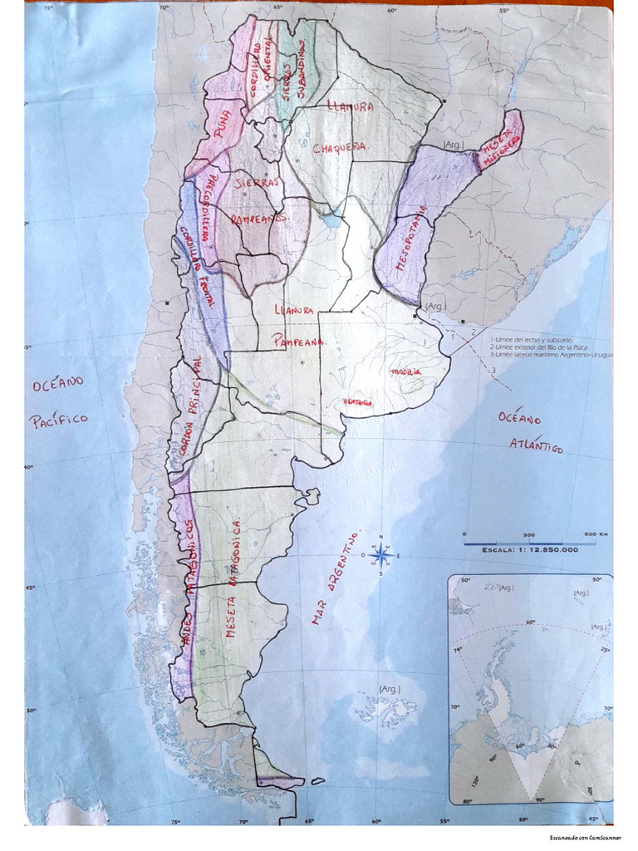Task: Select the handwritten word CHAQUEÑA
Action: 340,148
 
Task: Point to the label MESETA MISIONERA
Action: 501,144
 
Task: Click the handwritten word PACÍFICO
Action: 59,420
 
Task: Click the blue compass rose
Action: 380,555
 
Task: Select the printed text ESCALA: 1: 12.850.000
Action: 529,549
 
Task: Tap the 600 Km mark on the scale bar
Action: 596,534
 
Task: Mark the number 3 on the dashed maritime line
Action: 492,370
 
